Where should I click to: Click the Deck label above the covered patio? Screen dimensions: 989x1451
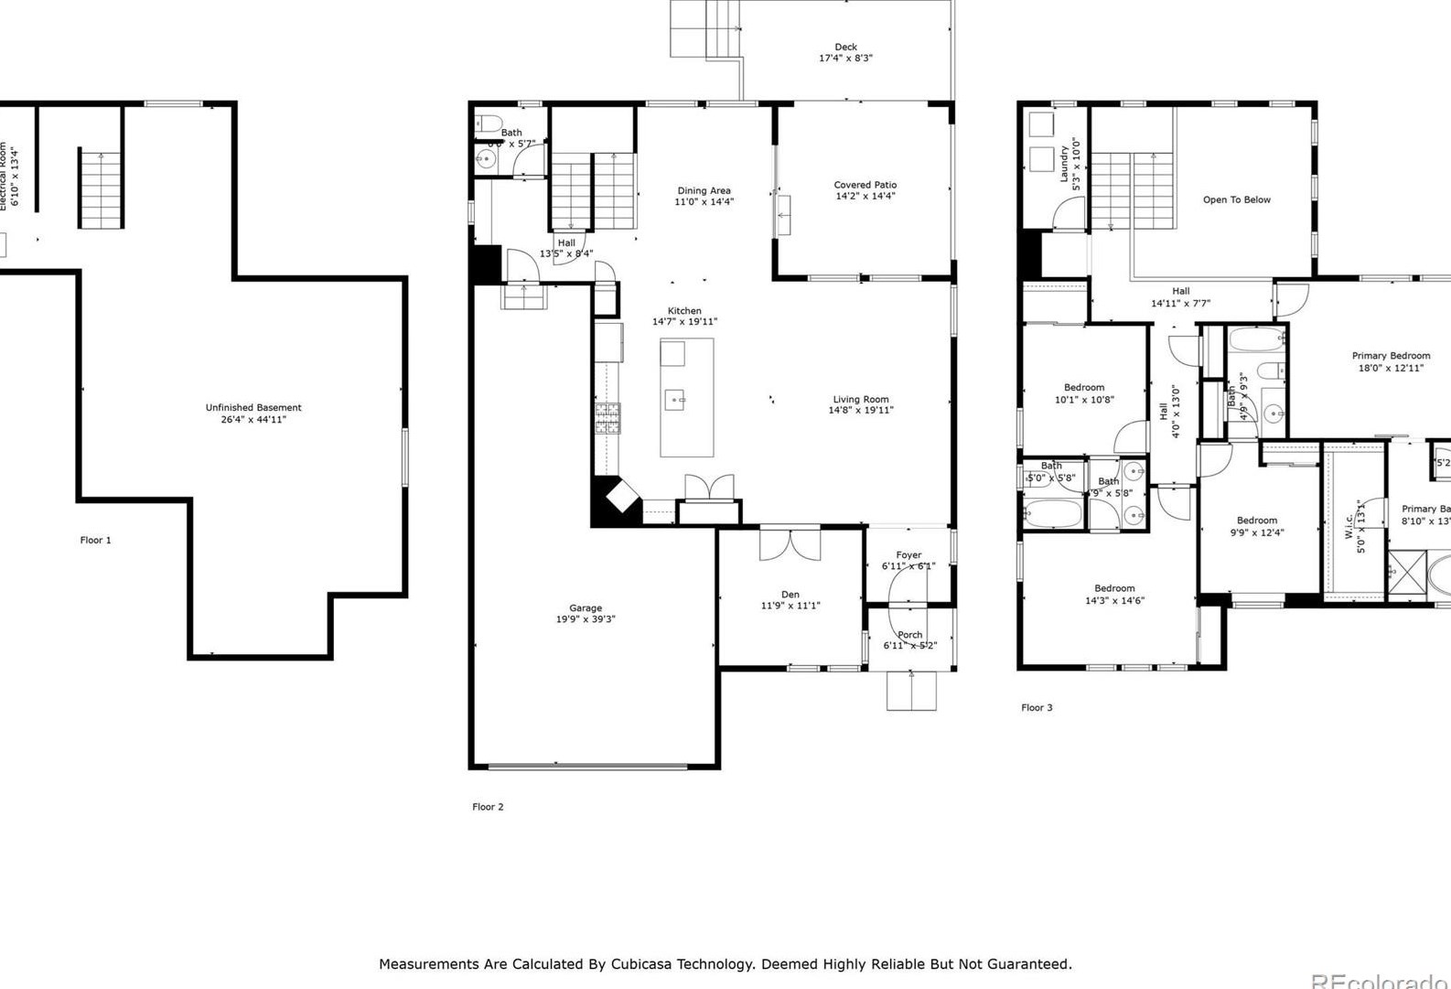pos(845,47)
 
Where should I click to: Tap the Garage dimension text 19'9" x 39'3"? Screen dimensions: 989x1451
pos(586,619)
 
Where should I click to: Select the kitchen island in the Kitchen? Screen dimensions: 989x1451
pos(687,397)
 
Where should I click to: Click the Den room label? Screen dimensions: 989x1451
pos(790,595)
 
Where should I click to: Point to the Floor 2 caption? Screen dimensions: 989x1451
pos(488,807)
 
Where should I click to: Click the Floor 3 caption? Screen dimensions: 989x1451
pos(1037,707)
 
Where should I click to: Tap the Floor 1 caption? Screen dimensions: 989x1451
pos(95,540)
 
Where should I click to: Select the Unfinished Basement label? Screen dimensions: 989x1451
pos(253,408)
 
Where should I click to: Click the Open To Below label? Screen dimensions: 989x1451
pos(1236,199)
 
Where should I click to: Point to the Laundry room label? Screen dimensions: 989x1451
pos(1064,163)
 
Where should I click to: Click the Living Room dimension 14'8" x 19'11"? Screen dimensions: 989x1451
pos(861,411)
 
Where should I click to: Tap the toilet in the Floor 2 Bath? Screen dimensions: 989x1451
pos(489,124)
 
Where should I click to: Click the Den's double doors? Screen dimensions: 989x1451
pos(790,543)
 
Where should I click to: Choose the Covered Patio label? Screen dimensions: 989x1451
pos(865,185)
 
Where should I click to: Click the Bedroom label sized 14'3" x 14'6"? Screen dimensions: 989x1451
pos(1114,588)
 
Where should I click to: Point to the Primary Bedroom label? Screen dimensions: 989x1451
pos(1391,356)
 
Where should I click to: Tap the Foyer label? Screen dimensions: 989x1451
pos(908,555)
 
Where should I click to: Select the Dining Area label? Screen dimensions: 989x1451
pos(704,190)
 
